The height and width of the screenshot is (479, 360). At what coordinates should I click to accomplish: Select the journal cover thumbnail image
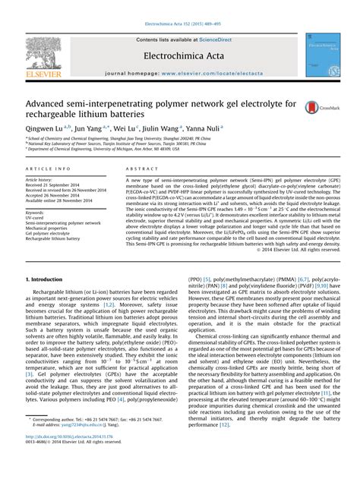tap(321, 54)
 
